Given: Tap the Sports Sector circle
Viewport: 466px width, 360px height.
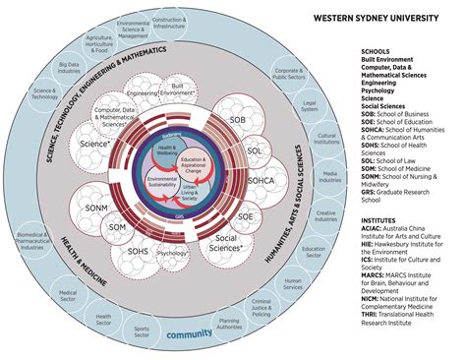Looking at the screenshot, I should [144, 332].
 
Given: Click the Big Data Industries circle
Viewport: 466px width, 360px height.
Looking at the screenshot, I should [69, 67].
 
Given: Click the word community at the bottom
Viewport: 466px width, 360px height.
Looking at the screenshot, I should [189, 335].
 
